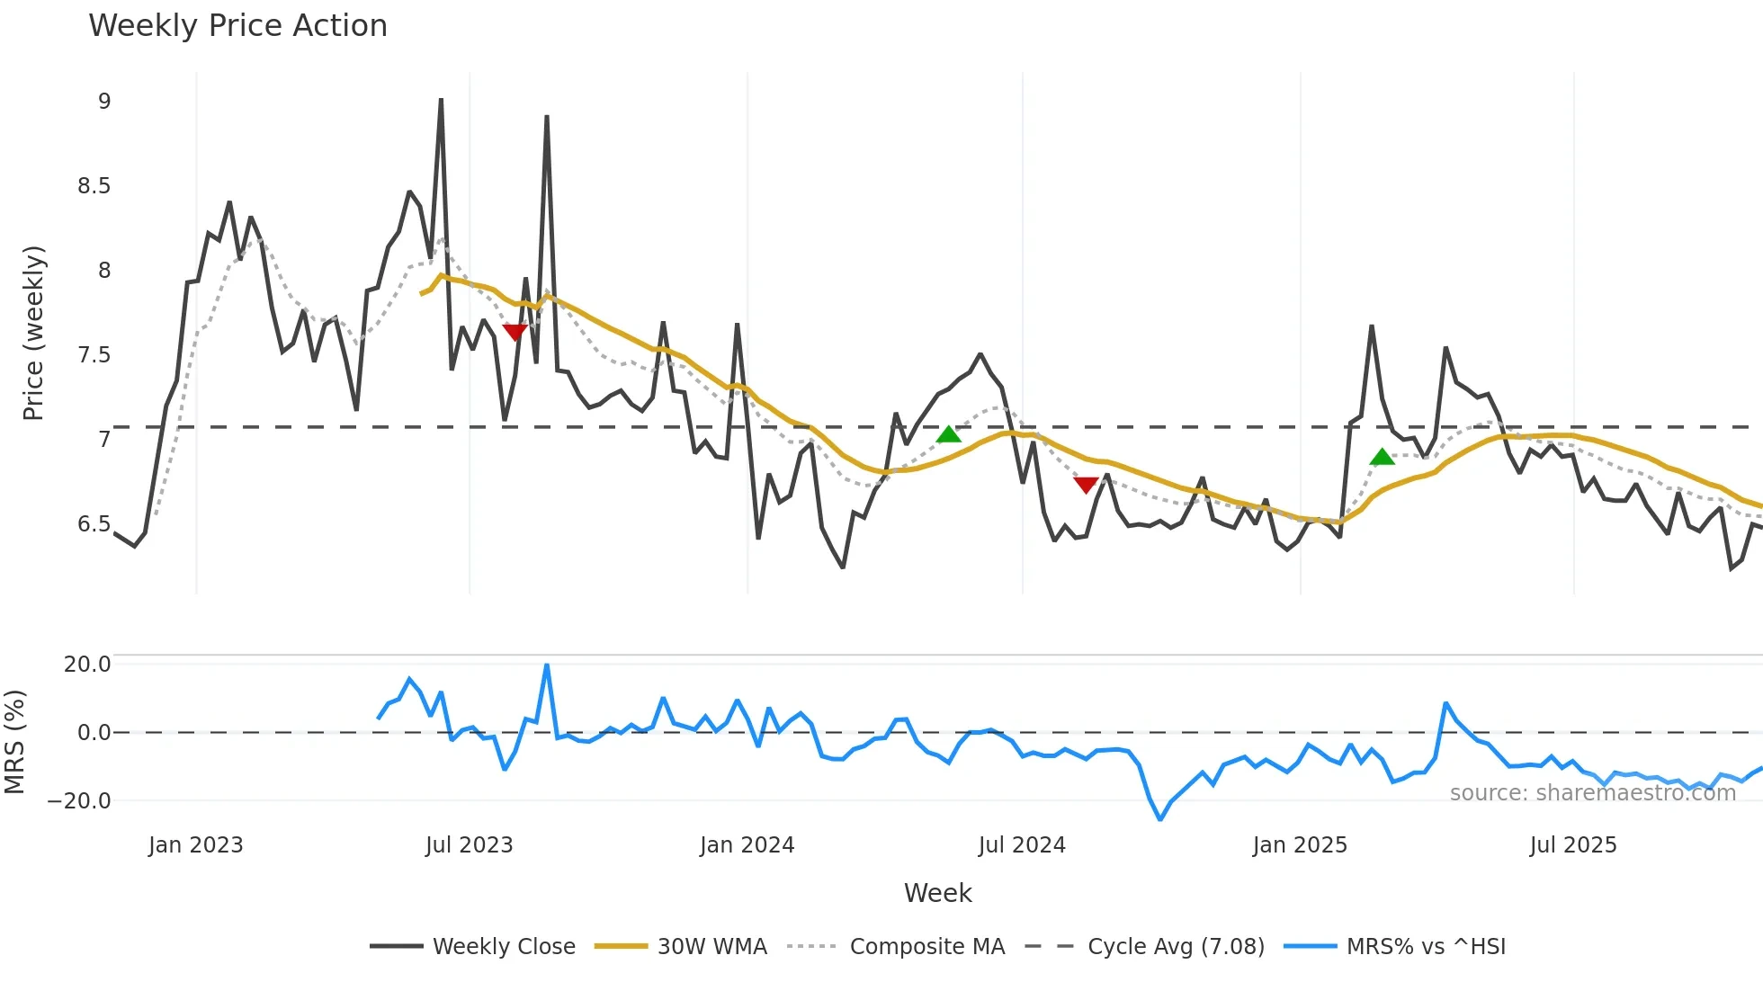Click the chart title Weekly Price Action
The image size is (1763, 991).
pos(237,26)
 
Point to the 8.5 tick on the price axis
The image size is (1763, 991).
pos(94,186)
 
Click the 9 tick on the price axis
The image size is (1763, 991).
pos(104,102)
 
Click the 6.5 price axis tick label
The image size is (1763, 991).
pos(94,524)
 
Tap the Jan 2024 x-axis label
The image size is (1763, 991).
pos(747,845)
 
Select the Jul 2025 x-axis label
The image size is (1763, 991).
pos(1572,845)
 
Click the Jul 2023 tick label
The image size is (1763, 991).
pos(469,845)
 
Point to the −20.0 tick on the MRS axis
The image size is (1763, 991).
pos(79,801)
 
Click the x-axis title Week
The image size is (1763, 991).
pos(937,893)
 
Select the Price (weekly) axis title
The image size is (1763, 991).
pos(33,333)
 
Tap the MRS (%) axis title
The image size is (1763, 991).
pos(14,742)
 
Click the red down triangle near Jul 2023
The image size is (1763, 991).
pos(515,332)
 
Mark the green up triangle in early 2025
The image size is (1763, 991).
pos(1382,457)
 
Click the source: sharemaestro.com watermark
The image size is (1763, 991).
pos(1592,793)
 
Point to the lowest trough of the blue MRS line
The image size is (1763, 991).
pos(1160,818)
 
